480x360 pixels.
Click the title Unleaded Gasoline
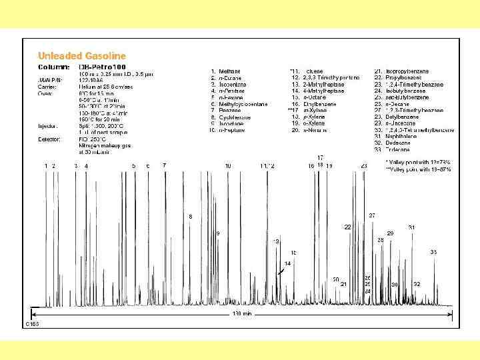[81, 56]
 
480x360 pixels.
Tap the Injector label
[48, 125]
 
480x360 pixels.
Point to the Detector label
[49, 139]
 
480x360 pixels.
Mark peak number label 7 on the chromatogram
[164, 165]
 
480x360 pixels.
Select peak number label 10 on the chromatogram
[228, 165]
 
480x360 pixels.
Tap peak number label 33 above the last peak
[433, 252]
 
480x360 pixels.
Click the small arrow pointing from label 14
[282, 270]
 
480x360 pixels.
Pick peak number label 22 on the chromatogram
[347, 227]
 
